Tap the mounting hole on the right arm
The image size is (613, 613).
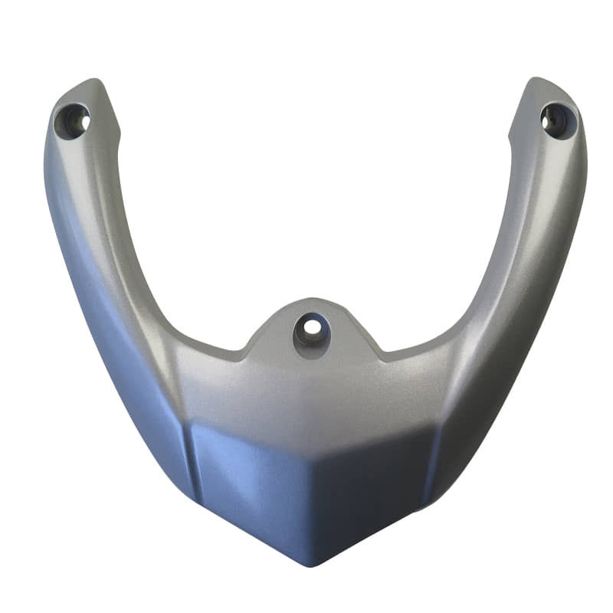point(556,120)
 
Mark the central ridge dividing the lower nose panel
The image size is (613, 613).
point(310,498)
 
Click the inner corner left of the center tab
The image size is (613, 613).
point(244,354)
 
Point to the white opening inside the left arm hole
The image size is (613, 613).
point(80,120)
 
